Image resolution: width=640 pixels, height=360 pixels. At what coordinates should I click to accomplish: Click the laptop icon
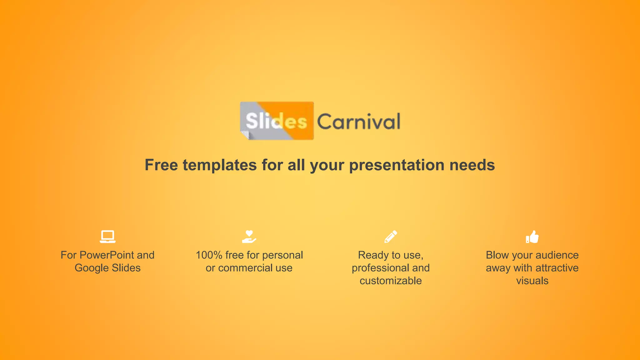tap(107, 237)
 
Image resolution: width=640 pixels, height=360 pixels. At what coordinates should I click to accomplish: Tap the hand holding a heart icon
tap(249, 237)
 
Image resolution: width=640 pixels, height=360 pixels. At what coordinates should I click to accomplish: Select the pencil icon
tap(391, 237)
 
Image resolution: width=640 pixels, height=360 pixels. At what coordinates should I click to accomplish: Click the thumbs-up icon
tap(532, 237)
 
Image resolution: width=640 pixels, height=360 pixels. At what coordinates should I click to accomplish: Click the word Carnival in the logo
tap(358, 122)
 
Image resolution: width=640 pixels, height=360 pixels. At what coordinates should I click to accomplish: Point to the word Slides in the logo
tap(276, 121)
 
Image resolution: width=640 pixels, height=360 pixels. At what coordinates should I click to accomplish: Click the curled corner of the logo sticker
tap(245, 135)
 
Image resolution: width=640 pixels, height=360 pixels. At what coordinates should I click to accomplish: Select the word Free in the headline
tap(161, 165)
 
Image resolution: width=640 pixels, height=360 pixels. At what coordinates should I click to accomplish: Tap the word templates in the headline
tap(220, 165)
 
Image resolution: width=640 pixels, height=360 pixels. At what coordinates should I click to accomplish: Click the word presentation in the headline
tap(397, 165)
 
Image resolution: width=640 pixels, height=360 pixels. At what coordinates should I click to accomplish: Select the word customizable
tap(391, 281)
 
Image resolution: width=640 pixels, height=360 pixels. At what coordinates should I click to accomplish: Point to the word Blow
tap(497, 255)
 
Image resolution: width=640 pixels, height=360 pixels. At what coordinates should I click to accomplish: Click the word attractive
tap(557, 268)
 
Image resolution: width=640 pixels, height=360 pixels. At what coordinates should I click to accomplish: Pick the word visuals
tap(532, 281)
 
